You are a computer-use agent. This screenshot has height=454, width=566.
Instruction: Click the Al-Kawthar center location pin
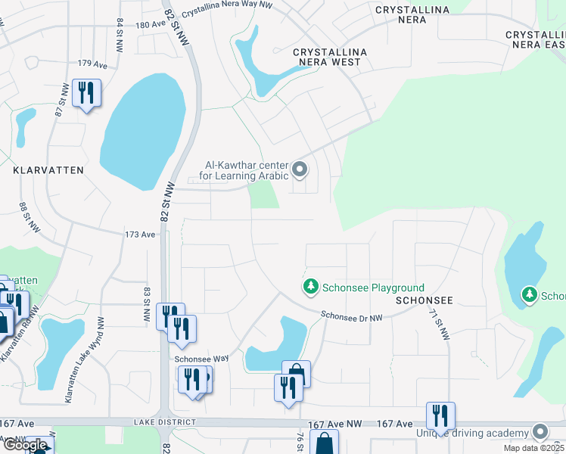click(x=300, y=169)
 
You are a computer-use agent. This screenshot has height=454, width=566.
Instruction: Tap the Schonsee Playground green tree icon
click(x=309, y=287)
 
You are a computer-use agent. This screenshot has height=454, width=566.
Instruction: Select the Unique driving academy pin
click(x=540, y=431)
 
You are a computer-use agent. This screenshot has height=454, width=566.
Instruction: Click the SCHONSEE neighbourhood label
click(x=424, y=300)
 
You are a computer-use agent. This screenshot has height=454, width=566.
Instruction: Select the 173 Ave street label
click(x=140, y=235)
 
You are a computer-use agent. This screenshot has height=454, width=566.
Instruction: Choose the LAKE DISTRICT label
click(x=164, y=421)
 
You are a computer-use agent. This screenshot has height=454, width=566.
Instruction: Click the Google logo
click(x=24, y=445)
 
